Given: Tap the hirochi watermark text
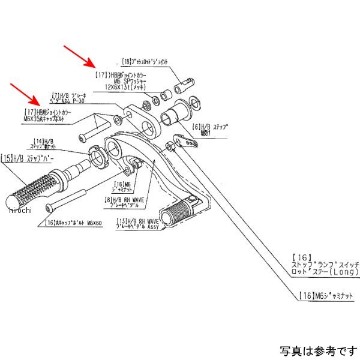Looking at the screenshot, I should [x=19, y=209].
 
